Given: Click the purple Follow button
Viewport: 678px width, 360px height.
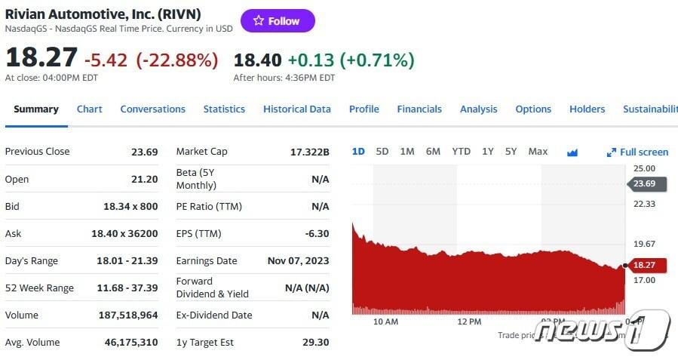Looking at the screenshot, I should [277, 21].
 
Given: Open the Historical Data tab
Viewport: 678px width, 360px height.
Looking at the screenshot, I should [296, 109].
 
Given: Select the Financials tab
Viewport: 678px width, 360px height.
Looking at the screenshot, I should [419, 109].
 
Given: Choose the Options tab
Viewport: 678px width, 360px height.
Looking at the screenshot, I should [533, 109].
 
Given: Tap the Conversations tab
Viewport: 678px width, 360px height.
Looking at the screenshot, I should [152, 109].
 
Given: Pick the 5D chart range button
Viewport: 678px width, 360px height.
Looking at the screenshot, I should [382, 152].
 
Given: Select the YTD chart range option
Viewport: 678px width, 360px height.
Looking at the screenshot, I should [461, 152].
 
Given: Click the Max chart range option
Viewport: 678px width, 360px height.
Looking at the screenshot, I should [538, 152].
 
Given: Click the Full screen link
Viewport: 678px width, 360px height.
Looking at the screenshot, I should [638, 152].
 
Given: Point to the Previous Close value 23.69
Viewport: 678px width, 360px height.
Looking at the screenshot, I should [144, 152].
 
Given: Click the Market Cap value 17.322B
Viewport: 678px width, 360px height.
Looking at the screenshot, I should [310, 152].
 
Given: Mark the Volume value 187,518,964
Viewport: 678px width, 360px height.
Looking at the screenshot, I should [128, 315].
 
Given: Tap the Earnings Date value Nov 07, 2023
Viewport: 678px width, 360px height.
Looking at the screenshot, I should [299, 260].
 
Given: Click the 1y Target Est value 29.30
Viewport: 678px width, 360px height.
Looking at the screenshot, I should [315, 342].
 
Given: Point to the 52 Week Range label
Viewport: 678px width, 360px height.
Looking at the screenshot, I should [39, 288].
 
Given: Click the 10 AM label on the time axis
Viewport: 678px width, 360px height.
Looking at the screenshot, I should [385, 322].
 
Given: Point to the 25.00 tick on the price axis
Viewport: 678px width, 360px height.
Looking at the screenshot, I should [644, 168].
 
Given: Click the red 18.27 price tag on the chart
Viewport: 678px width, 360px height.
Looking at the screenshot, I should [643, 265].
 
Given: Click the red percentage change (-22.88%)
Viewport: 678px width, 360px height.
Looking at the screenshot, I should [176, 60].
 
